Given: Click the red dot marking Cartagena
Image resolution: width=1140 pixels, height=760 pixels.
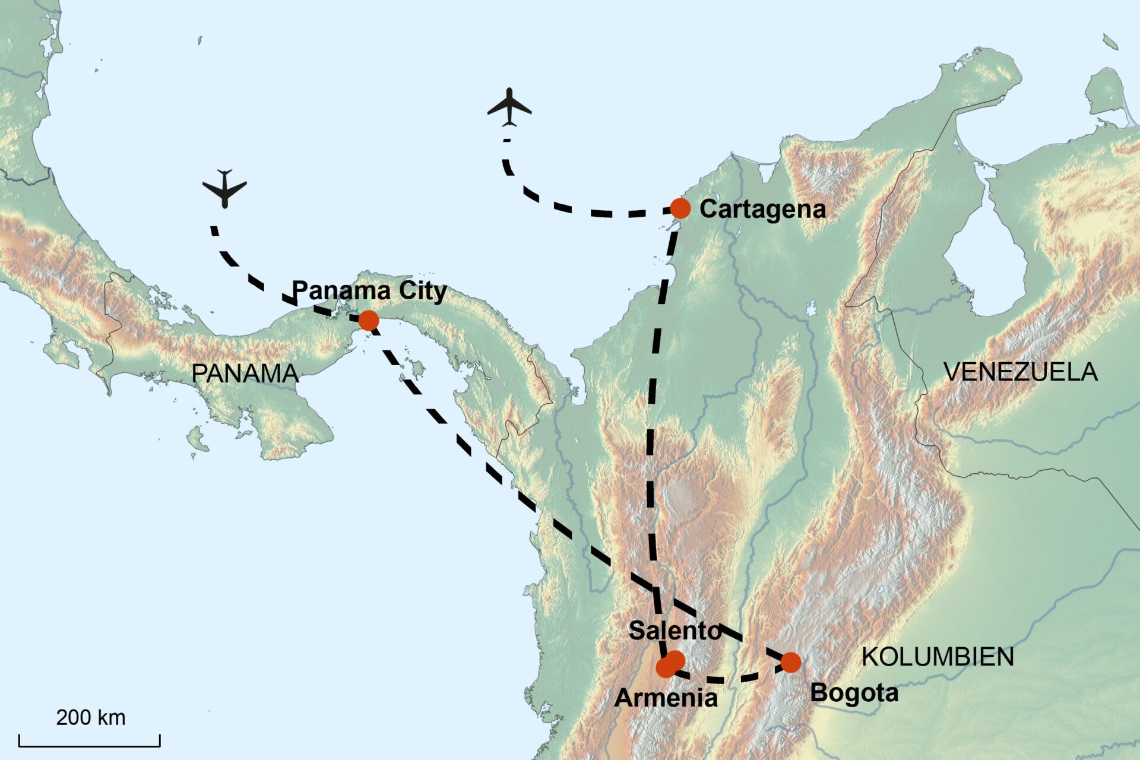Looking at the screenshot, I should tap(680, 208).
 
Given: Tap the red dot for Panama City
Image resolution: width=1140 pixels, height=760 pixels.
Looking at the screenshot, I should tap(368, 321).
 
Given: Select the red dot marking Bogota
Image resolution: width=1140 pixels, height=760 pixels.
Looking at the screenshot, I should tap(790, 662).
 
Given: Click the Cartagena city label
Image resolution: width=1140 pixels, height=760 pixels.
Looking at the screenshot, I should tap(762, 209).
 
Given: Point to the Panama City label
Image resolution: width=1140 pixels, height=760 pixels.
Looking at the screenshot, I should tap(369, 291).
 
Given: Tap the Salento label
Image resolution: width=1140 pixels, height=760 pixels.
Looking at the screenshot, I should tap(674, 631).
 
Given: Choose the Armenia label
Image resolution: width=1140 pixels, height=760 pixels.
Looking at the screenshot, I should tap(666, 698).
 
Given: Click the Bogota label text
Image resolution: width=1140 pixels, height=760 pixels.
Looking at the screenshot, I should tap(854, 693).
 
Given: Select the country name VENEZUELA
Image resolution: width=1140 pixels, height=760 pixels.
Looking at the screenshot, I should tap(1020, 372).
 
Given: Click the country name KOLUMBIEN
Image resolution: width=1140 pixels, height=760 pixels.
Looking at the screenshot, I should tap(938, 657).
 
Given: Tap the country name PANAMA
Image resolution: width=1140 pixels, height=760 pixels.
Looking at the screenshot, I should tap(245, 373).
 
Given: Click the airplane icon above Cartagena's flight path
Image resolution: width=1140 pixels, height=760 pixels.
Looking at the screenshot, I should tap(509, 107).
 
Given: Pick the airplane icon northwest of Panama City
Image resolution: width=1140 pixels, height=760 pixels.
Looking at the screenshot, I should tap(224, 189).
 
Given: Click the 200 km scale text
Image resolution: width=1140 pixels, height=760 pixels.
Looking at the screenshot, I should tap(90, 717).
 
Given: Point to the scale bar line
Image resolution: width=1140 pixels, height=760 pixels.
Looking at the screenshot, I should tap(89, 745).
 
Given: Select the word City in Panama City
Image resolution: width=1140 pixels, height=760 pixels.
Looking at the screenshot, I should tap(422, 291).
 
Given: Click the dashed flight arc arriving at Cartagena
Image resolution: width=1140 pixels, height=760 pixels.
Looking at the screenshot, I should tap(570, 207).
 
